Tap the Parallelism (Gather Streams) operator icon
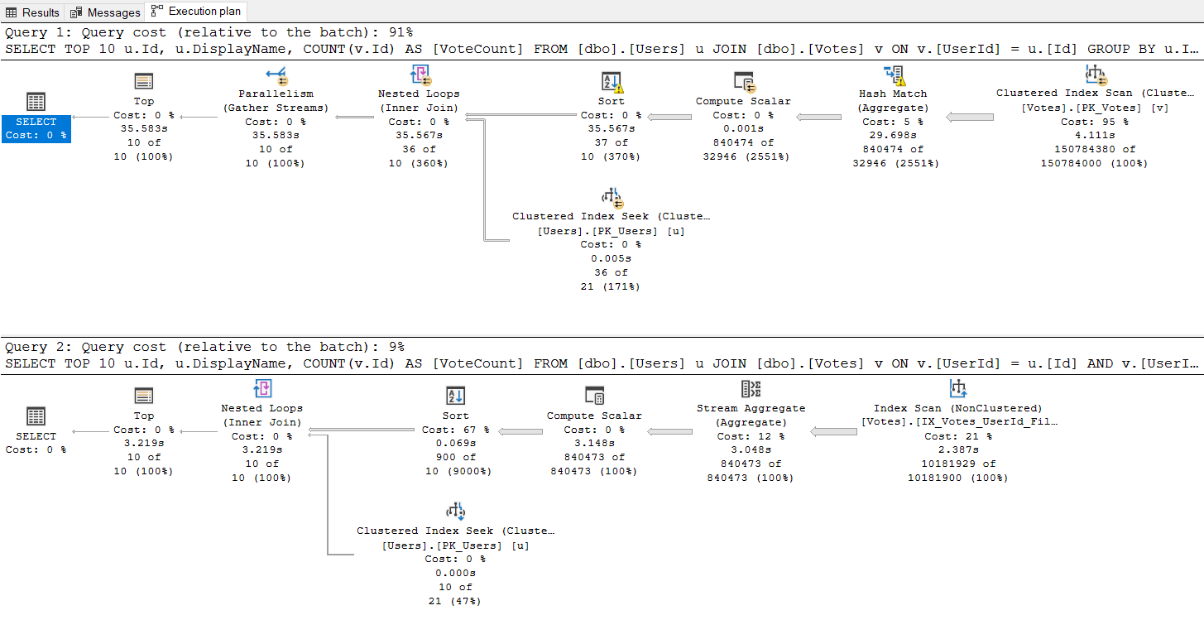pyautogui.click(x=276, y=76)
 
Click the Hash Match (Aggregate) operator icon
pyautogui.click(x=893, y=76)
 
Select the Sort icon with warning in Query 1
pyautogui.click(x=612, y=83)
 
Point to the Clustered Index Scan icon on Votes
pyautogui.click(x=1096, y=75)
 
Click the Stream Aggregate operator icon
pyautogui.click(x=751, y=390)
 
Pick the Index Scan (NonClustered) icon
pyautogui.click(x=958, y=389)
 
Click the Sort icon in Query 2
pyautogui.click(x=455, y=396)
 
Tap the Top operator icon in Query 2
pyautogui.click(x=144, y=396)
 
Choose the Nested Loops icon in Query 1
pyautogui.click(x=420, y=76)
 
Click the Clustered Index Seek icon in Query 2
pyautogui.click(x=455, y=511)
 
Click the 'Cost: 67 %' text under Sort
pyautogui.click(x=455, y=430)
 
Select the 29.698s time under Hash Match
pyautogui.click(x=893, y=135)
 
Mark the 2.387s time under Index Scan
pyautogui.click(x=958, y=450)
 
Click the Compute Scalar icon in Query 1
pyautogui.click(x=743, y=82)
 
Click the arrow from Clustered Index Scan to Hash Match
pyautogui.click(x=970, y=118)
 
